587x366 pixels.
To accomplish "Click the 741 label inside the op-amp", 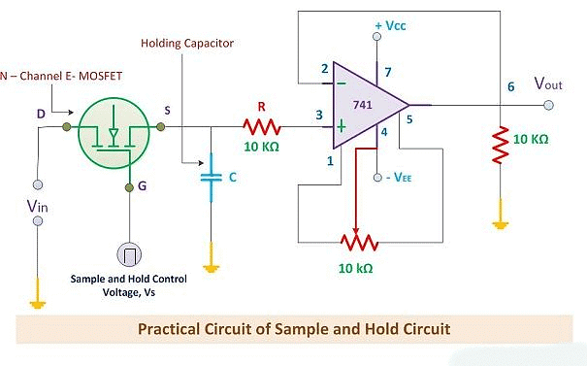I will coord(364,104).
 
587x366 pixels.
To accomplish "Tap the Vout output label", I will coord(548,83).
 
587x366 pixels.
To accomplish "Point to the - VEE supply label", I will coord(398,179).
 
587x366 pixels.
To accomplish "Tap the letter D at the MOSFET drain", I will coord(41,115).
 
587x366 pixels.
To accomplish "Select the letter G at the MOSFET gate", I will coord(143,186).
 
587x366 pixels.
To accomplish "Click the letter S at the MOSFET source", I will coord(167,112).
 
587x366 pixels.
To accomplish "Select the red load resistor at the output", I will coord(501,143).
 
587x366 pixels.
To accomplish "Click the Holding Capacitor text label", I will coord(187,44).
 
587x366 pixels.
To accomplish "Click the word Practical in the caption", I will coord(171,329).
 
